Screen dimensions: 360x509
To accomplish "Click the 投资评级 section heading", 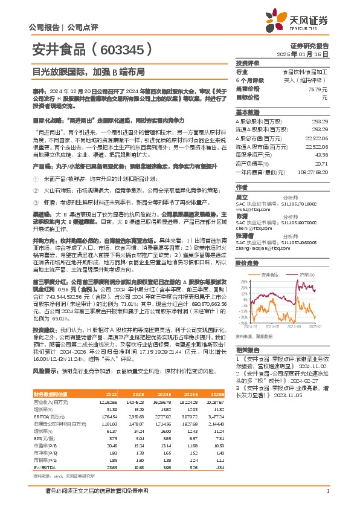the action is pyautogui.click(x=247, y=63).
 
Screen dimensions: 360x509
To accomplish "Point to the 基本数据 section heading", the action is pyautogui.click(x=247, y=112).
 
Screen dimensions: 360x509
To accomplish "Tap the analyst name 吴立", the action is pyautogui.click(x=242, y=198).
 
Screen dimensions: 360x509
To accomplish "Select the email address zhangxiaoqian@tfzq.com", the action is pyautogui.click(x=259, y=247).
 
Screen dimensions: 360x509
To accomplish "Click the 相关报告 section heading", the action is pyautogui.click(x=247, y=350).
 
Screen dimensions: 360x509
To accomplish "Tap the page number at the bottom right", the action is pyautogui.click(x=327, y=499).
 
